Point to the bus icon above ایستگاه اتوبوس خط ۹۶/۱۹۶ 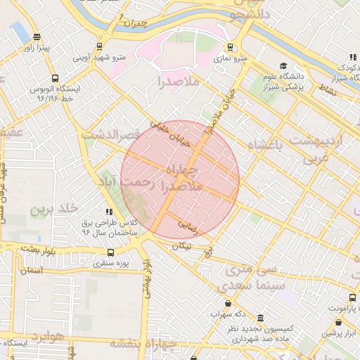tap(55, 79)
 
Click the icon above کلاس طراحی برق tap(108, 211)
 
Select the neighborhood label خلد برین tap(51, 210)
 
